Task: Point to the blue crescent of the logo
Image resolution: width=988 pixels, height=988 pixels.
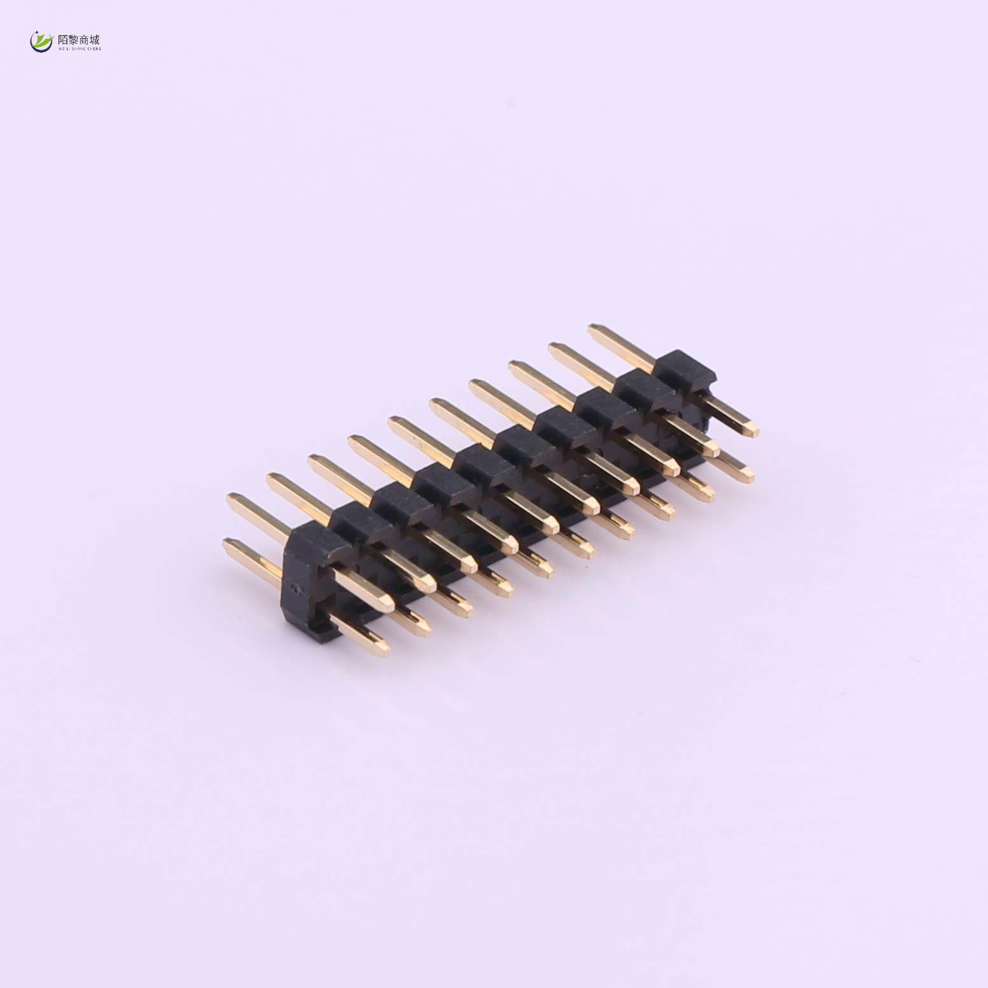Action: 38,47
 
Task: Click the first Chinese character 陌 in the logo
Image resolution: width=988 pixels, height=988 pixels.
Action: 64,39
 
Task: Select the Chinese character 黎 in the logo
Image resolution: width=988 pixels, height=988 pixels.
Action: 74,39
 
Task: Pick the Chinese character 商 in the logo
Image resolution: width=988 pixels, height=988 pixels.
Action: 85,39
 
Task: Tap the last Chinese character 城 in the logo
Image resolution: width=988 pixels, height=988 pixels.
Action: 95,39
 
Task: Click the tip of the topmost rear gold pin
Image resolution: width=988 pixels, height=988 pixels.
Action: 593,329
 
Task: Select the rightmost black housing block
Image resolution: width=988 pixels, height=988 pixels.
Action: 685,369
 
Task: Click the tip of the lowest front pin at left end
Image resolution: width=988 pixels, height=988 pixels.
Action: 384,650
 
